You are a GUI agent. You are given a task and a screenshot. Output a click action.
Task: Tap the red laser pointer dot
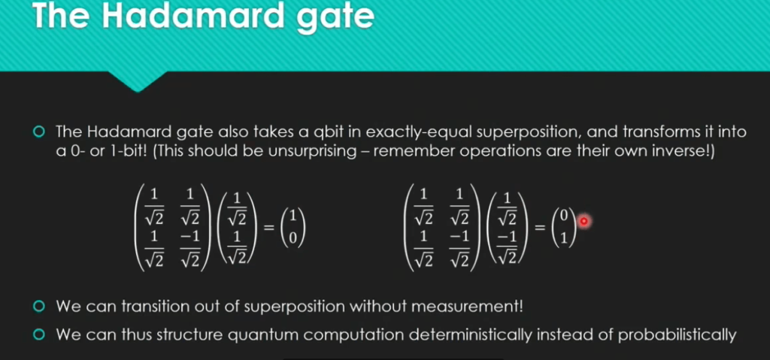pos(583,221)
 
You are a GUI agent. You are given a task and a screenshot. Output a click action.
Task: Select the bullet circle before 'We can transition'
pos(40,307)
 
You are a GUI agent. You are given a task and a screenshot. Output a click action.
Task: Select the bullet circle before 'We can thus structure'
pos(40,334)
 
